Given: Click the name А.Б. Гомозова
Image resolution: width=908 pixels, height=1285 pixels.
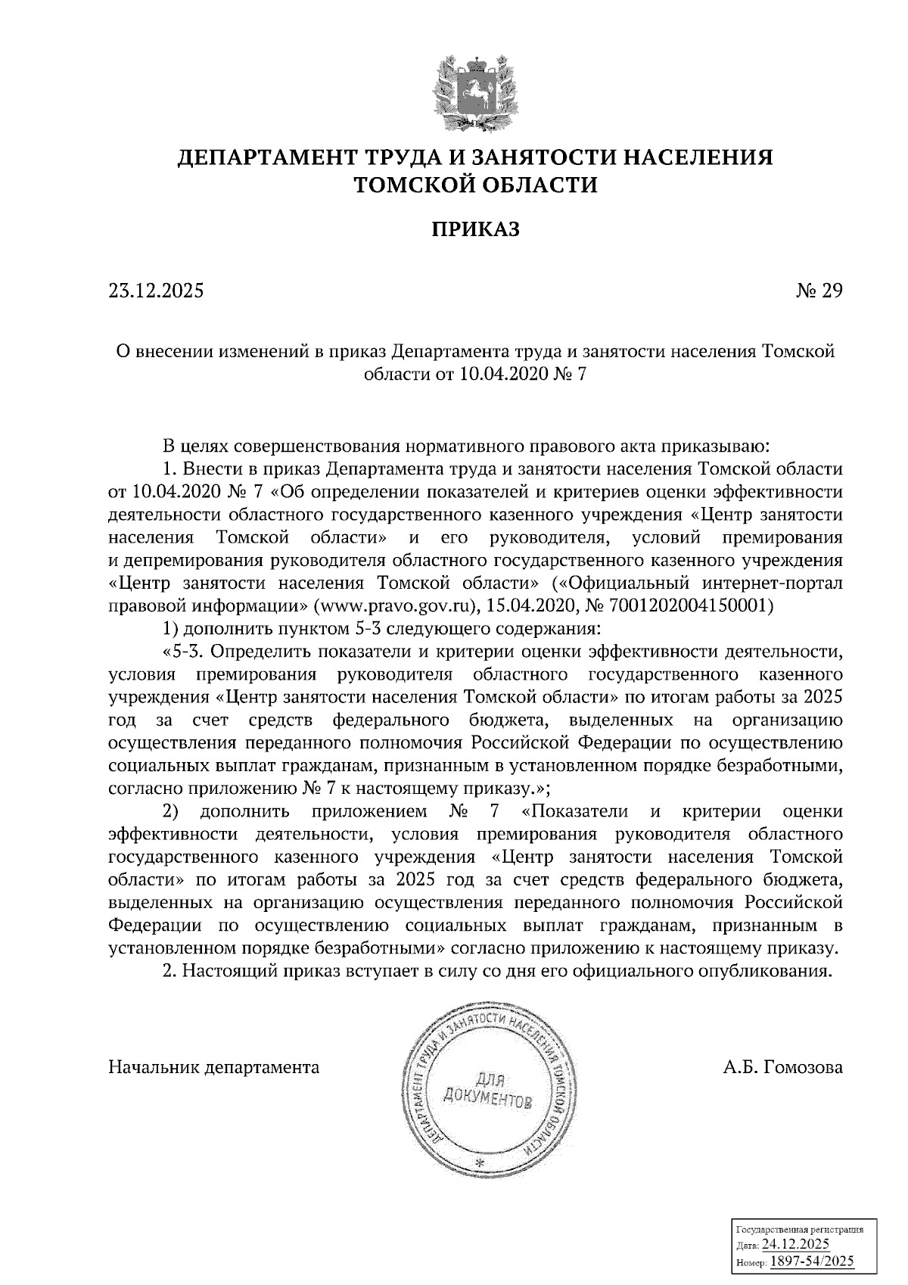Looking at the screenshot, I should coord(782,1068).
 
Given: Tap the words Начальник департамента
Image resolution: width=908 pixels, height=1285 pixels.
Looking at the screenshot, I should coord(214,1068).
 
